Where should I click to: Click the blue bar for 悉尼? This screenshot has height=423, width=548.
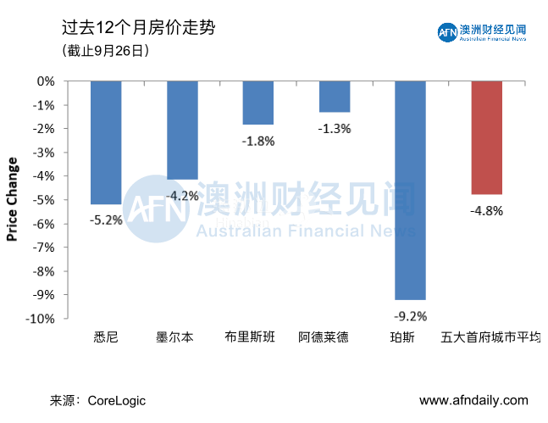[106, 142]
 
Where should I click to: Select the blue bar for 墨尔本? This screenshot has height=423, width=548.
[182, 131]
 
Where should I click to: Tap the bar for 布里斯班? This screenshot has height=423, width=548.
[258, 103]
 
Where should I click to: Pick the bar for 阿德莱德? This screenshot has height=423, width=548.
[335, 97]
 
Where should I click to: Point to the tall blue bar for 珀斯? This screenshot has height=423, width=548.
[411, 190]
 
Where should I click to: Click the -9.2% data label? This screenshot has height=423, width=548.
[411, 316]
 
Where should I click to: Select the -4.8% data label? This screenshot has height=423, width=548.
[487, 211]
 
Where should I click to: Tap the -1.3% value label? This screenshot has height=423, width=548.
[335, 129]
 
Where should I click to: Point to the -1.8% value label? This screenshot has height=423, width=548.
[258, 141]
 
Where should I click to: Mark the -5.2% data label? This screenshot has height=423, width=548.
[106, 220]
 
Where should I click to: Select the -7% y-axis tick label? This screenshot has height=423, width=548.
[45, 248]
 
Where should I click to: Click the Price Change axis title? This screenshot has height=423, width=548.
[12, 200]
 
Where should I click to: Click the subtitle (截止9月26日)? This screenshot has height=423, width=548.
[106, 51]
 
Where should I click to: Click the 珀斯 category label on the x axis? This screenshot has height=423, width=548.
[411, 337]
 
